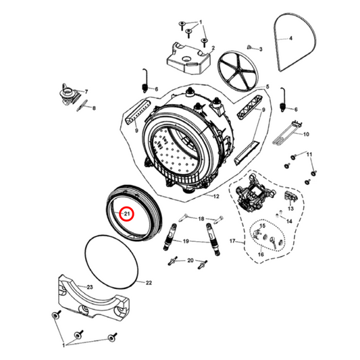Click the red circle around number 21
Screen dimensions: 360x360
click(128, 213)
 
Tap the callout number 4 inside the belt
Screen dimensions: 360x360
click(290, 38)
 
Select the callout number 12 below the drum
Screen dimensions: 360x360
click(216, 197)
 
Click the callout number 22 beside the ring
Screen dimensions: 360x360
click(149, 282)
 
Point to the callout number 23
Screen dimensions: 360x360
click(90, 287)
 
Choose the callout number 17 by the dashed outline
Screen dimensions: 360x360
click(232, 241)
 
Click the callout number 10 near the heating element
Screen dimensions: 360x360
click(306, 134)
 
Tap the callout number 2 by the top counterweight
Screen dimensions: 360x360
click(213, 48)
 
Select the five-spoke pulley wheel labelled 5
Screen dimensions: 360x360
click(237, 70)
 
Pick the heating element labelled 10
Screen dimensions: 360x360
click(286, 133)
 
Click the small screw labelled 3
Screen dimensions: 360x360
click(249, 47)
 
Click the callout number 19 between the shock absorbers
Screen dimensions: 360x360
click(186, 241)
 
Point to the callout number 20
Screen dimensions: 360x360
click(190, 260)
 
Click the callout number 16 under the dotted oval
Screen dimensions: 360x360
click(261, 255)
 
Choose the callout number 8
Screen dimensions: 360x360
click(94, 108)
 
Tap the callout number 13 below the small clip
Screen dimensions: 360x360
click(290, 209)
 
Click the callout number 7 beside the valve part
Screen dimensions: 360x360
click(86, 92)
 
